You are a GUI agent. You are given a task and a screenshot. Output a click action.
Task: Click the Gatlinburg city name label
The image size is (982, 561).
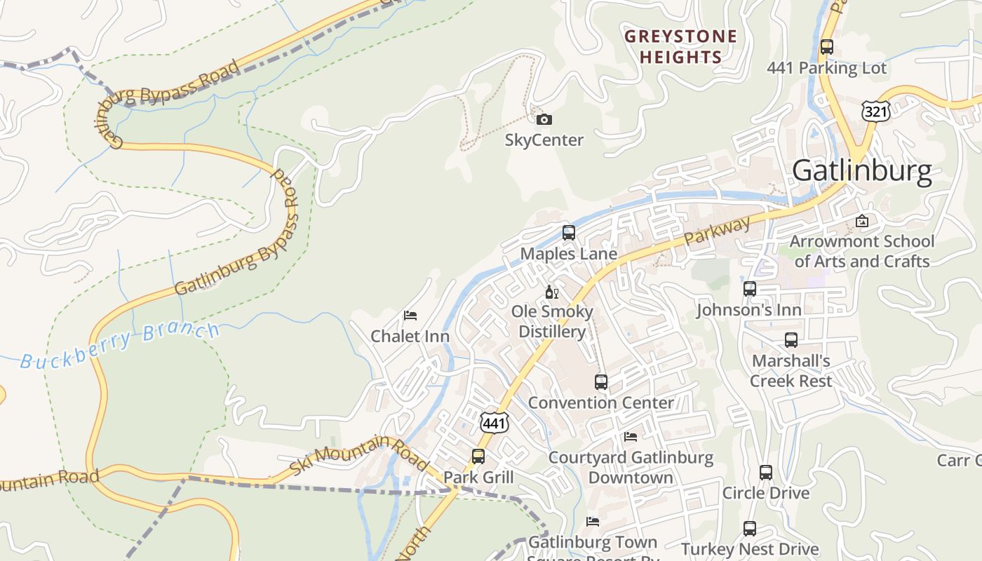(x=862, y=171)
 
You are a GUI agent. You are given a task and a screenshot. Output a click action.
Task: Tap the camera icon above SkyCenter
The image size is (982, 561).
(x=544, y=120)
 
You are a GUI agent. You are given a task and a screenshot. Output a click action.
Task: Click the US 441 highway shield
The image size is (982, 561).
(x=495, y=423)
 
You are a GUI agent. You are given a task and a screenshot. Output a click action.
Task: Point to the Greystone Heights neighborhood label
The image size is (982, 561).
(x=680, y=46)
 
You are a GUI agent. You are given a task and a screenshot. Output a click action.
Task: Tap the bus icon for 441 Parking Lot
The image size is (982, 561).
(x=827, y=47)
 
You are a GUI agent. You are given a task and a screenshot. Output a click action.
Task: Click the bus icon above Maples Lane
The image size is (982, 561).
(x=569, y=232)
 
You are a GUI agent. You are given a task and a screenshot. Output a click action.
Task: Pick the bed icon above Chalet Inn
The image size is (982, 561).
(x=410, y=316)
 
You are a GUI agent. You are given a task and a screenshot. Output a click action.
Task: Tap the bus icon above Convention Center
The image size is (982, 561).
(x=601, y=382)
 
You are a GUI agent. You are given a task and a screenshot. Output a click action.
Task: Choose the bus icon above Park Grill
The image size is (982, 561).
(x=478, y=457)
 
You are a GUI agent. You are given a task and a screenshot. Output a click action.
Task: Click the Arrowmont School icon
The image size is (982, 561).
(x=862, y=222)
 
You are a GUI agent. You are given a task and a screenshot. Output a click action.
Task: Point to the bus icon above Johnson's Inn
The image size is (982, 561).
(x=749, y=289)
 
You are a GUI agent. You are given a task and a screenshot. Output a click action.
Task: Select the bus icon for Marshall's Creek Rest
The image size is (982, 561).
(x=791, y=340)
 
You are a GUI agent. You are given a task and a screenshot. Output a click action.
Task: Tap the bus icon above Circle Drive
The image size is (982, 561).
(x=766, y=473)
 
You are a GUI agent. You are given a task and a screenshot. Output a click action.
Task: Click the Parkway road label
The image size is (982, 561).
(x=717, y=231)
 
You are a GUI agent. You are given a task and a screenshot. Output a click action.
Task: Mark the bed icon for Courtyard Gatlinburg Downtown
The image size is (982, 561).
(x=631, y=437)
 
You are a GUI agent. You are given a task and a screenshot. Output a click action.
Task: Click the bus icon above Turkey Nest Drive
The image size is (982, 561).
(x=750, y=529)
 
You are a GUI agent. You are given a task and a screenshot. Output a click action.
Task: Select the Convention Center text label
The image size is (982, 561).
(x=600, y=403)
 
